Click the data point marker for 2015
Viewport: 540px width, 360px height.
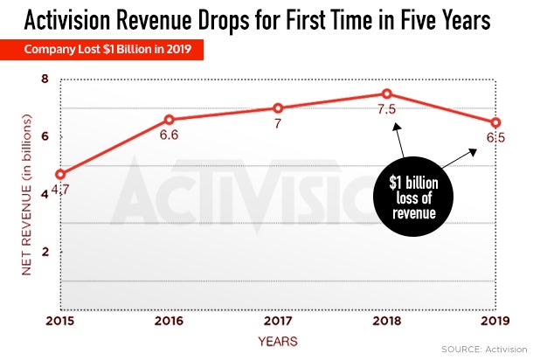click(x=59, y=174)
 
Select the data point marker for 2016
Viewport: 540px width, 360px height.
click(x=169, y=120)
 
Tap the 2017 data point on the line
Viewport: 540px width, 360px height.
click(x=278, y=108)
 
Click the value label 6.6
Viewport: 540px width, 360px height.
click(x=169, y=135)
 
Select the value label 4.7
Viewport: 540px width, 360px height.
click(x=61, y=189)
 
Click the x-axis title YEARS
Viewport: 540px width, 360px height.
click(x=278, y=340)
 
